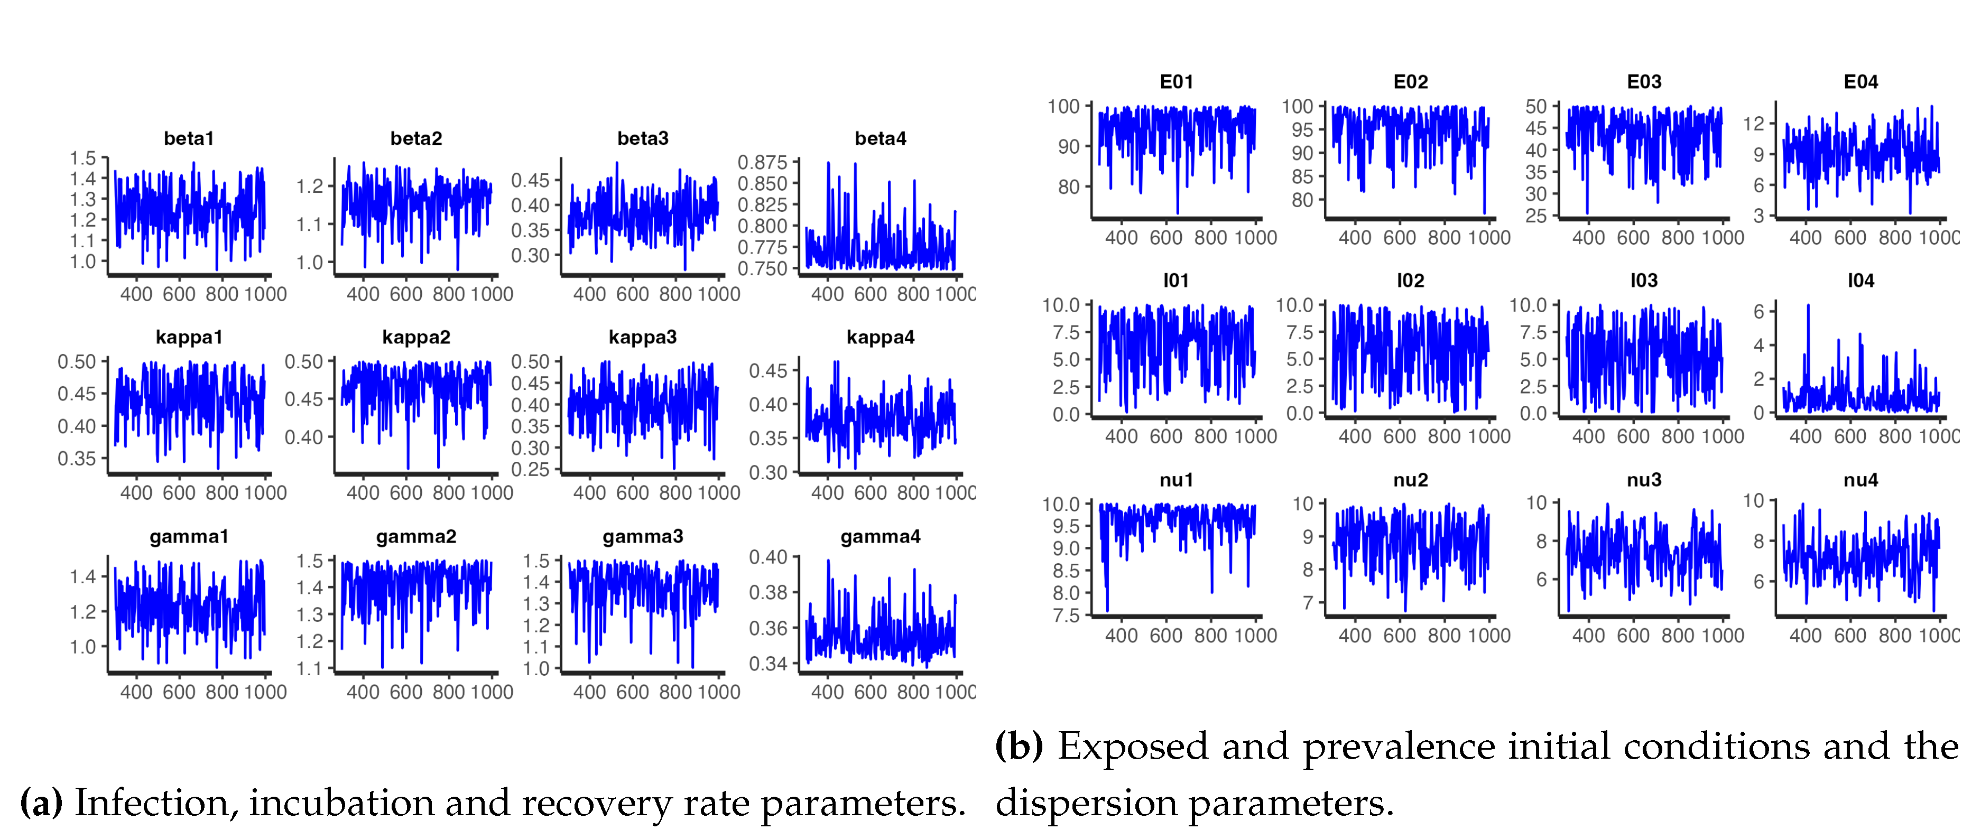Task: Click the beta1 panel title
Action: [188, 138]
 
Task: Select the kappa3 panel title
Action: [642, 337]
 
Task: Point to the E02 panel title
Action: [1410, 81]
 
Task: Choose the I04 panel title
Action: [1860, 281]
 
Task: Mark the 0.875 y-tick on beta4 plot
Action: [762, 162]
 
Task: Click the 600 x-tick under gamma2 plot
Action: [405, 692]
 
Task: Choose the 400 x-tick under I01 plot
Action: [1121, 436]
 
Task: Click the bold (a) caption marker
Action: [41, 803]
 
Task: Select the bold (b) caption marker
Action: [1019, 746]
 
